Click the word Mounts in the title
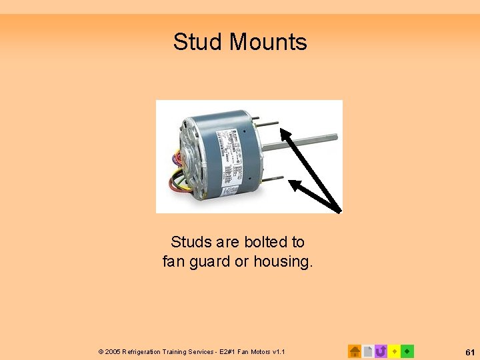click(268, 42)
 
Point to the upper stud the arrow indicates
click(269, 123)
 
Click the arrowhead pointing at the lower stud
click(295, 187)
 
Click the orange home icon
click(355, 351)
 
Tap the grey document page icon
click(368, 351)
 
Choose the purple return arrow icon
click(381, 351)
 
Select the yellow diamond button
click(394, 351)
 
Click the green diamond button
click(407, 351)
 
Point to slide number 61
click(469, 351)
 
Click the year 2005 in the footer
click(113, 351)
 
